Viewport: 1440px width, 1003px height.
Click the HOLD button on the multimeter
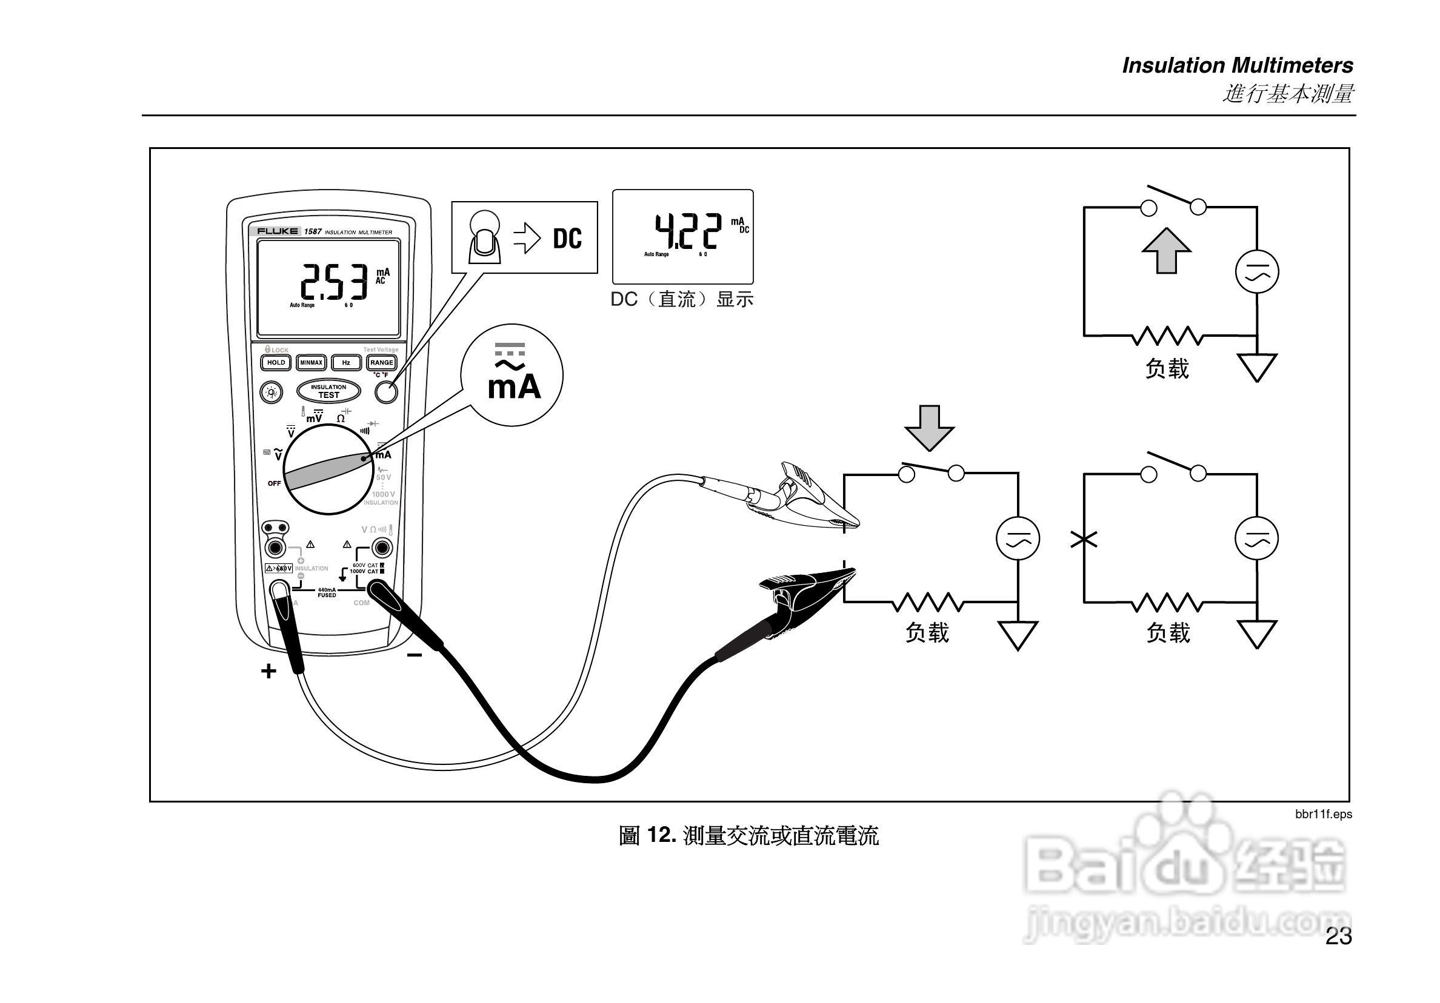point(276,362)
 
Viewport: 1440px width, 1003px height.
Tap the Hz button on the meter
point(346,362)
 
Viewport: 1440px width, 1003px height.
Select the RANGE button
point(381,362)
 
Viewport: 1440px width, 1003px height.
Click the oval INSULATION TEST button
point(328,391)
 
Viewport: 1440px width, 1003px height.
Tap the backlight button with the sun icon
point(272,392)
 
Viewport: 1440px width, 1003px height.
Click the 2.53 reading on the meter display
point(334,282)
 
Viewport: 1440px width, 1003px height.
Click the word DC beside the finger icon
point(567,239)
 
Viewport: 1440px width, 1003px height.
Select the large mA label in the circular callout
point(515,387)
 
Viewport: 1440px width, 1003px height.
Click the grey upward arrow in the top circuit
point(1166,251)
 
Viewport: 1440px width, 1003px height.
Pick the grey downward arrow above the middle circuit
point(930,428)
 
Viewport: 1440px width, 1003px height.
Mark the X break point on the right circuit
point(1084,539)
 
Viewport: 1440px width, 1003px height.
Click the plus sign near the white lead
point(268,671)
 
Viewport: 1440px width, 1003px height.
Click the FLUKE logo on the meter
point(276,231)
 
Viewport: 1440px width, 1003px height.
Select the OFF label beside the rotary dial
point(274,483)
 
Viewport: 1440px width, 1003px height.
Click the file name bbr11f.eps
point(1324,814)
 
